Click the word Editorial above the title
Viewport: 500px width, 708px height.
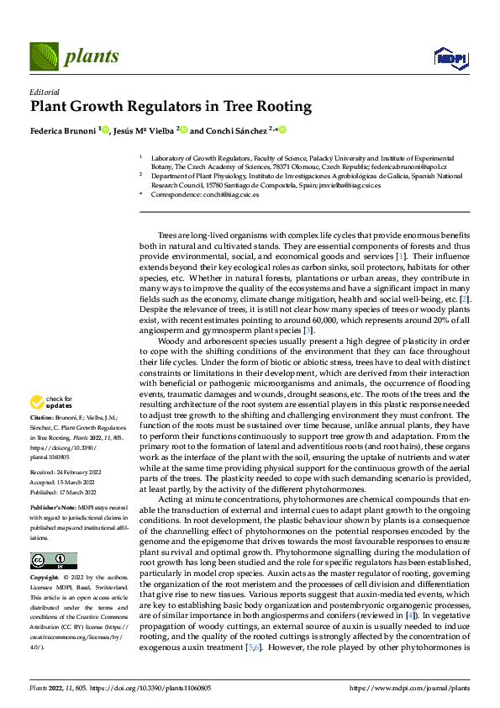coord(45,92)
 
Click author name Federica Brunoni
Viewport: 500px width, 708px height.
coord(63,130)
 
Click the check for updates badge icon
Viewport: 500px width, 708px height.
coord(38,402)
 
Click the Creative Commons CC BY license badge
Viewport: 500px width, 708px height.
coord(53,561)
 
